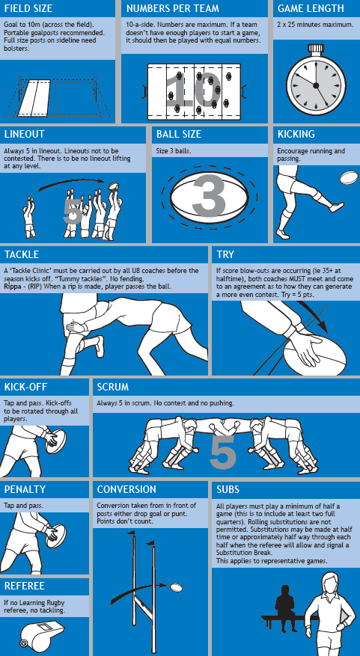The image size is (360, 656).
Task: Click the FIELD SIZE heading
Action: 28,8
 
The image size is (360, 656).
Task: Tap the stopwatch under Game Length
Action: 316,82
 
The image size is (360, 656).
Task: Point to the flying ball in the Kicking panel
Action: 349,177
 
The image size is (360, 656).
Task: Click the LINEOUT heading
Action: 24,135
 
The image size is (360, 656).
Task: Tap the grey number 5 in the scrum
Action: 223,451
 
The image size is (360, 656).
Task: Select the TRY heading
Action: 225,254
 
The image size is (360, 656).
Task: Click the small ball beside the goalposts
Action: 176,587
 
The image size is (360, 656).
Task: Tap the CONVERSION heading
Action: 126,489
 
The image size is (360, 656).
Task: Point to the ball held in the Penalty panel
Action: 55,536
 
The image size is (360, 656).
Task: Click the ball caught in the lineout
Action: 114,186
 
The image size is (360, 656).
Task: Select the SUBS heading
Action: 228,489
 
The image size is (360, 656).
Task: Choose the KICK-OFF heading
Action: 25,387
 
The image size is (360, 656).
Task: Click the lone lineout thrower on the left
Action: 29,217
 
